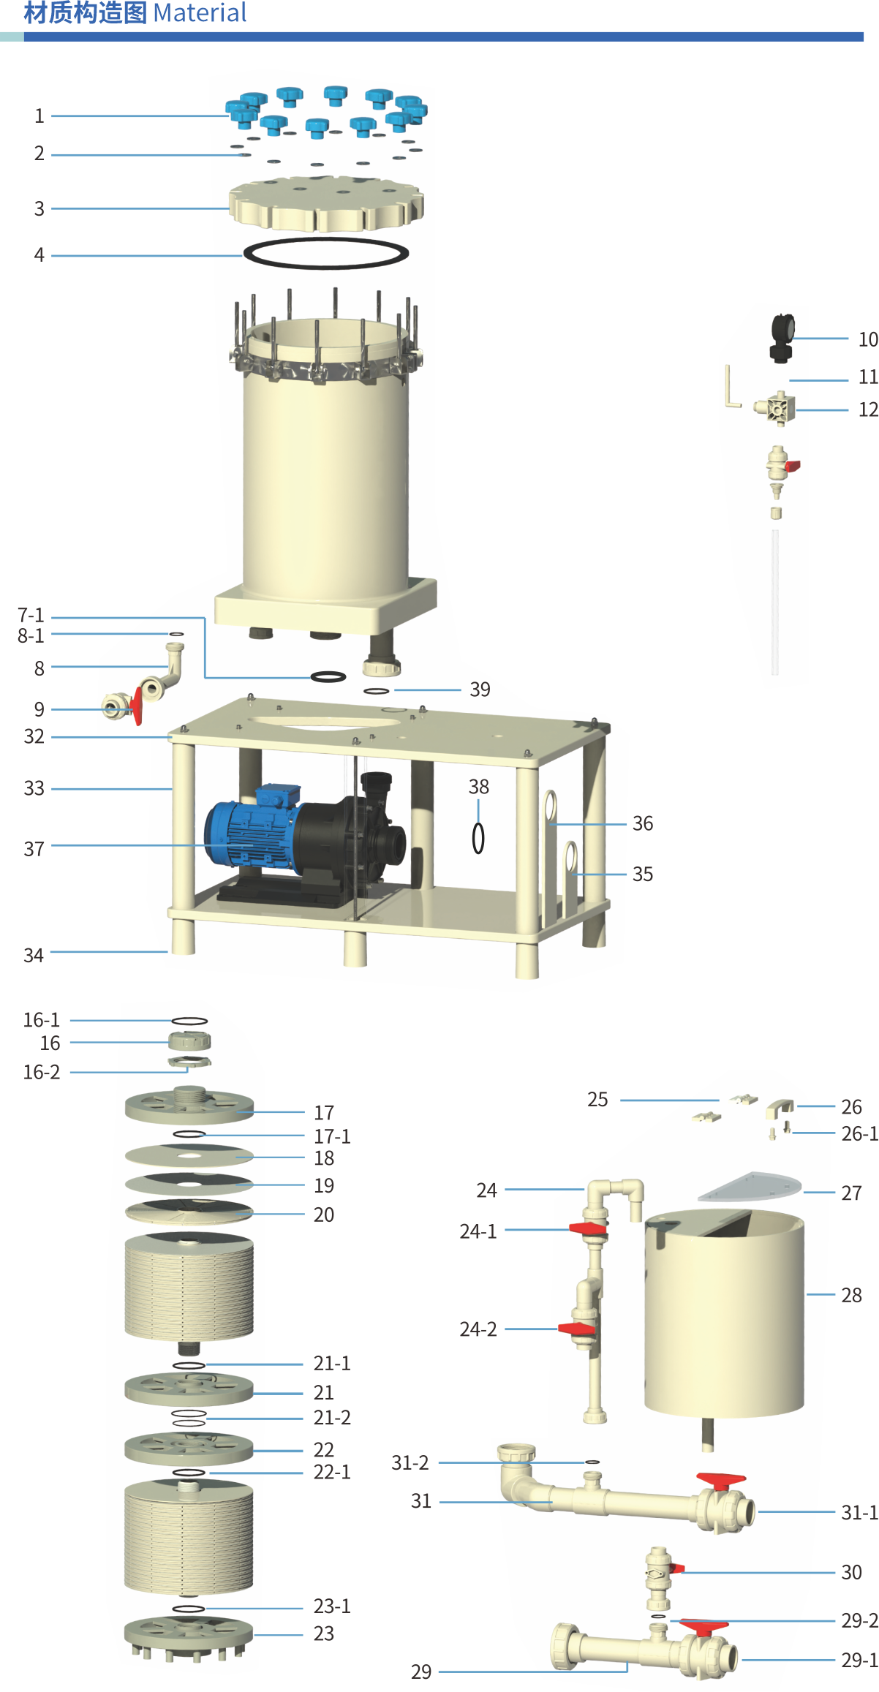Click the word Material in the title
click(x=200, y=13)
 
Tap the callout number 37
click(x=34, y=849)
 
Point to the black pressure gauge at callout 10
click(x=782, y=338)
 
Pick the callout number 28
click(x=851, y=1295)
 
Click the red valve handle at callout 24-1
click(x=587, y=1228)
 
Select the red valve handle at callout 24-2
click(x=576, y=1329)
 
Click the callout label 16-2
click(x=41, y=1072)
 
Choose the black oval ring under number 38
click(x=478, y=838)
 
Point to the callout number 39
click(x=480, y=689)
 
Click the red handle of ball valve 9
click(x=137, y=706)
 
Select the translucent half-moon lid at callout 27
click(x=749, y=1187)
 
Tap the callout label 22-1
click(x=332, y=1472)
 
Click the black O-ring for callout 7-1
click(x=328, y=677)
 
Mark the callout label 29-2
click(x=859, y=1620)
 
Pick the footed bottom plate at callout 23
click(x=189, y=1637)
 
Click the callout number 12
click(x=868, y=409)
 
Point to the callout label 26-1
click(x=859, y=1133)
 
